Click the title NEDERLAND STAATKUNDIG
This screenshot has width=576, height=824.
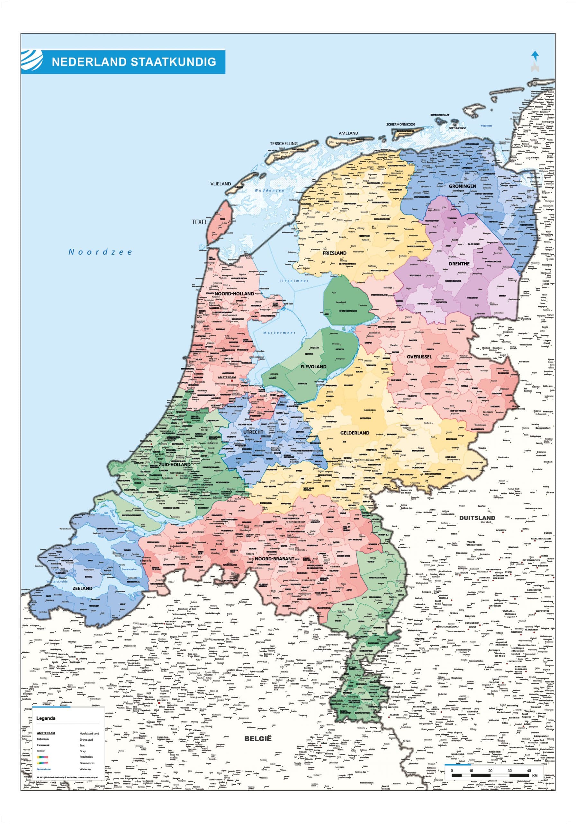pyautogui.click(x=134, y=62)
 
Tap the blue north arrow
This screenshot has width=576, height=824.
pyautogui.click(x=535, y=56)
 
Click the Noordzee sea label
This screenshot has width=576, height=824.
pyautogui.click(x=100, y=252)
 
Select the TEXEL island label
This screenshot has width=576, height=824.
pyautogui.click(x=200, y=222)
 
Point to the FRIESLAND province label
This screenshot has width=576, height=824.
pyautogui.click(x=334, y=253)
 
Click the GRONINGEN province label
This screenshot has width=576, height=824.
pyautogui.click(x=463, y=186)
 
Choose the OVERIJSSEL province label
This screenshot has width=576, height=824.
pyautogui.click(x=419, y=357)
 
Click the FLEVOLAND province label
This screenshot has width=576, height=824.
pyautogui.click(x=314, y=366)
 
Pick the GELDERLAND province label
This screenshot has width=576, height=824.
pyautogui.click(x=355, y=433)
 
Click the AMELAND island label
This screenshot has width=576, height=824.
pyautogui.click(x=348, y=133)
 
